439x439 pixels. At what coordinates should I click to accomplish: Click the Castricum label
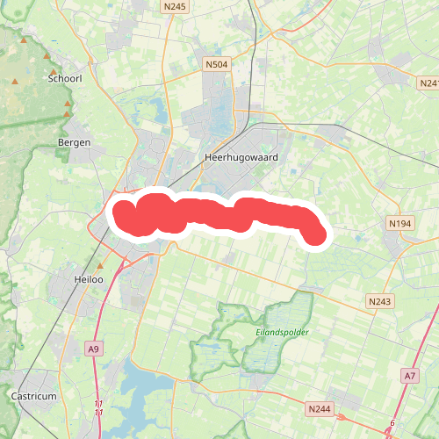click(34, 396)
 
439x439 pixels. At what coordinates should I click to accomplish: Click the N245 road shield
click(175, 7)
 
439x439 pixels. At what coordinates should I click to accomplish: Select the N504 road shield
click(216, 64)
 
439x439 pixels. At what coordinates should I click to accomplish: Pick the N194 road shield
click(399, 224)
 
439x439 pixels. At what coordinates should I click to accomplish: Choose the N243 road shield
click(379, 301)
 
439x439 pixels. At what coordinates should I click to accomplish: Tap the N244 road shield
click(320, 409)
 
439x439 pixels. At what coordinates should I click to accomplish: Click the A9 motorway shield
click(94, 349)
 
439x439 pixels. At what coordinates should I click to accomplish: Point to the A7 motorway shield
click(410, 375)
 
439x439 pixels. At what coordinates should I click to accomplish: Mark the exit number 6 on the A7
click(392, 424)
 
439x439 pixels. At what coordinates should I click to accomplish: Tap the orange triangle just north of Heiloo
click(100, 265)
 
